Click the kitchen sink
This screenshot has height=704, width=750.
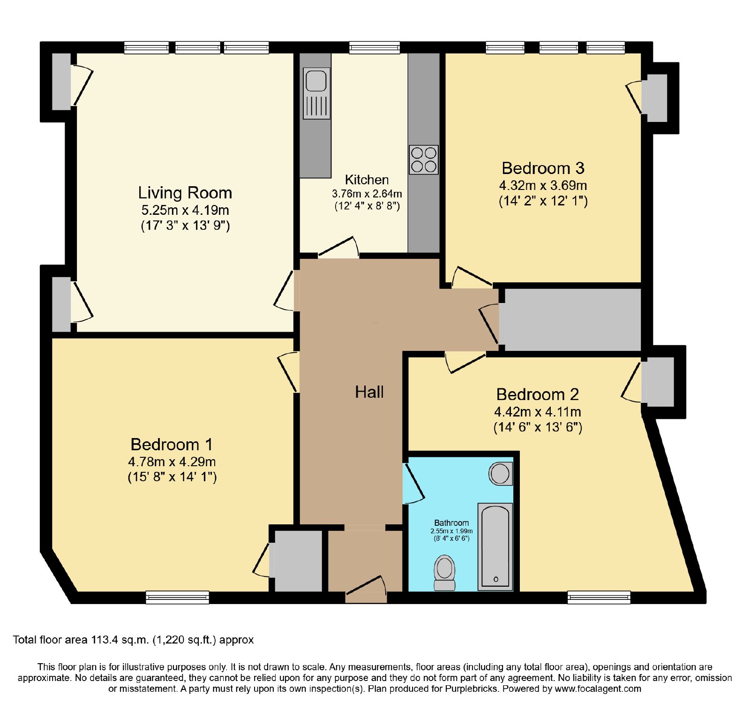pyautogui.click(x=317, y=93)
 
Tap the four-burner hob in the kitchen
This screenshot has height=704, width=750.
pyautogui.click(x=424, y=159)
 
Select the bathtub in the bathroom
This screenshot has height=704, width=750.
pyautogui.click(x=495, y=546)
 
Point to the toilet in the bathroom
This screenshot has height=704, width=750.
pyautogui.click(x=444, y=573)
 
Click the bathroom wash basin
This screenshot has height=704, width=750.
pyautogui.click(x=501, y=474)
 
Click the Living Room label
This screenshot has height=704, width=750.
pyautogui.click(x=185, y=193)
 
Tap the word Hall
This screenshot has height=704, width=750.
pyautogui.click(x=369, y=392)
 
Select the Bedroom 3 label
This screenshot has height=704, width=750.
pyautogui.click(x=543, y=168)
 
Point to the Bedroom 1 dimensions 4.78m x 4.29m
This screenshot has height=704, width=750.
pyautogui.click(x=172, y=462)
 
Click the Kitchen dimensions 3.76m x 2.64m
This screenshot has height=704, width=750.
pyautogui.click(x=367, y=194)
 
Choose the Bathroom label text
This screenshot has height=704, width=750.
pyautogui.click(x=451, y=522)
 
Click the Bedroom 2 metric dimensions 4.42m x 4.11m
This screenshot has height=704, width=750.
pyautogui.click(x=538, y=412)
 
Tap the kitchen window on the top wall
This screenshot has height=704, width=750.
pyautogui.click(x=375, y=47)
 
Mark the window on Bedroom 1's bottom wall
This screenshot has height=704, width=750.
pyautogui.click(x=177, y=597)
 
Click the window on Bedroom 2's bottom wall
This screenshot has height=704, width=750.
pyautogui.click(x=599, y=597)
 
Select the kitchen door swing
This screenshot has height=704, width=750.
pyautogui.click(x=338, y=248)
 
